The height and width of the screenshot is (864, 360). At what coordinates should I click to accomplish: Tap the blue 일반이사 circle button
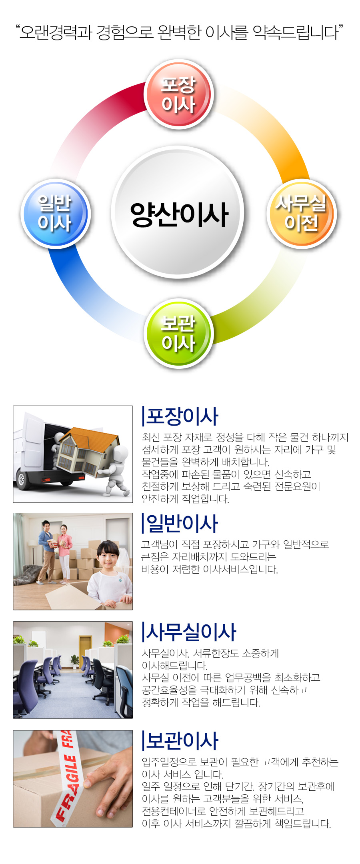click(55, 213)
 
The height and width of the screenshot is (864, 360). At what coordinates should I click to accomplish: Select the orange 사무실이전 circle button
click(302, 214)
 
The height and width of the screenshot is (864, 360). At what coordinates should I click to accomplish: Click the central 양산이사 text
click(179, 214)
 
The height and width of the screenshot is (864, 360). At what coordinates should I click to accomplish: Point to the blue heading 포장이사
click(182, 416)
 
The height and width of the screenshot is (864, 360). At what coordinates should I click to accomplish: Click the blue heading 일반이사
click(182, 523)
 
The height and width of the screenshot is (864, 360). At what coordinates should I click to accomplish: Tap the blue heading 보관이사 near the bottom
click(182, 740)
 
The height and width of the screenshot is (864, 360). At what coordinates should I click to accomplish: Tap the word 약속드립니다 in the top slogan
click(296, 32)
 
